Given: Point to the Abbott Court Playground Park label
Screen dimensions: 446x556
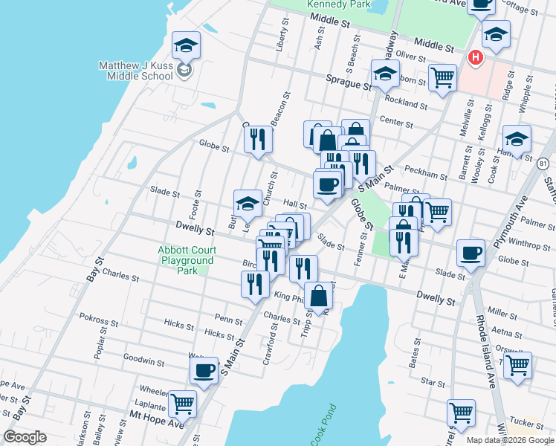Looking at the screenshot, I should click(x=185, y=260).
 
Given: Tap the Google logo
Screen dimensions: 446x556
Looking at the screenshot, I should click(x=24, y=437).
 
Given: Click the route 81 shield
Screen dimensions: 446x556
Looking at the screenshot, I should click(x=543, y=163).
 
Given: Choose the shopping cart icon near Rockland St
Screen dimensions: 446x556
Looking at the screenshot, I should click(x=442, y=77).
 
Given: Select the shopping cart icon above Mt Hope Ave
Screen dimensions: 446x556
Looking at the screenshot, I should click(x=182, y=404).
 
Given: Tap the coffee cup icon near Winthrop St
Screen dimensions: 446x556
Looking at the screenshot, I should click(x=471, y=253).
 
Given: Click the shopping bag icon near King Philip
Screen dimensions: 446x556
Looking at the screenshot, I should click(x=319, y=295).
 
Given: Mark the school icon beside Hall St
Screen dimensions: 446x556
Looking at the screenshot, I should click(x=248, y=203).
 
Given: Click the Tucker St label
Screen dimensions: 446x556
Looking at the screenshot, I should click(x=527, y=423).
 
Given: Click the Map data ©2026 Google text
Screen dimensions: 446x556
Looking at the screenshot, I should click(x=510, y=440).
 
